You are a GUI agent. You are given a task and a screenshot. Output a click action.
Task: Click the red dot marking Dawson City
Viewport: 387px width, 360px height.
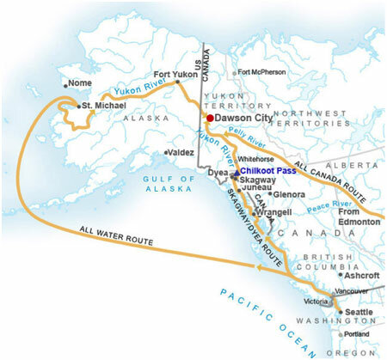click(x=209, y=118)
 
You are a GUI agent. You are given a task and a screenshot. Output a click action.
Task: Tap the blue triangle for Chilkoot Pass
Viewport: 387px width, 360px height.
click(x=236, y=173)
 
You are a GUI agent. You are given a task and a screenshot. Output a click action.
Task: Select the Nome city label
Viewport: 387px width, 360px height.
click(x=78, y=83)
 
